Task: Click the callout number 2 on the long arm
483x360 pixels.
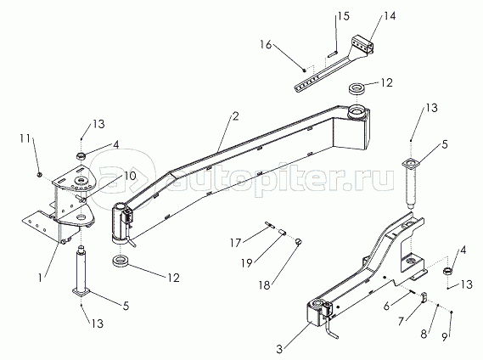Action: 236,116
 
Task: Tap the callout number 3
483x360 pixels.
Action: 279,349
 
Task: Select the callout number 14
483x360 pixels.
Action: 390,16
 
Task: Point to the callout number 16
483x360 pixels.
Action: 266,45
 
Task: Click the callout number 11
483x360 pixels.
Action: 25,138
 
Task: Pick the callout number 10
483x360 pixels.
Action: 130,176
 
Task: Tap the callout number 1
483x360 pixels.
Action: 40,278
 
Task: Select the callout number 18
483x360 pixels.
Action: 264,285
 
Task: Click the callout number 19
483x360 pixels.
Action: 246,263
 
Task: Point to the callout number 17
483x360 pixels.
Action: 235,243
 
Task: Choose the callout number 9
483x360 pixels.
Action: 445,337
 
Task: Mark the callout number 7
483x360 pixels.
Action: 401,321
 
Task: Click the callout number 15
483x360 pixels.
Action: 344,16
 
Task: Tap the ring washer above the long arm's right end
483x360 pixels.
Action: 357,88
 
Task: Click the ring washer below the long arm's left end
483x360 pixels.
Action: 121,262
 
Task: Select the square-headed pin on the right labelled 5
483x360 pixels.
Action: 409,183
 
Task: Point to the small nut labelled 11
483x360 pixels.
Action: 39,175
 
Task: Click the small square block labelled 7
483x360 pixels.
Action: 424,297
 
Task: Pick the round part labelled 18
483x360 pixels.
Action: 298,241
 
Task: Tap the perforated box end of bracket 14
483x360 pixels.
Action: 362,45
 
